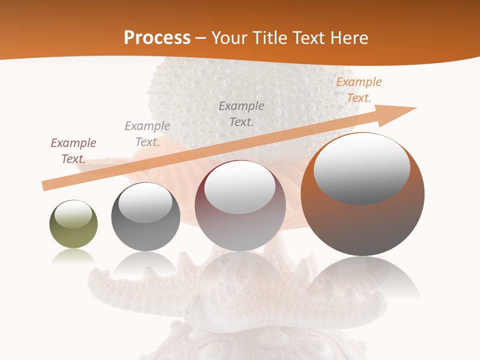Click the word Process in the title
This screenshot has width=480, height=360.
(157, 38)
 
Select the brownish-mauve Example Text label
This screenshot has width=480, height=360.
(73, 151)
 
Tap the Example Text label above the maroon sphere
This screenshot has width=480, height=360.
(241, 113)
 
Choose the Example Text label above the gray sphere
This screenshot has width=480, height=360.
(147, 134)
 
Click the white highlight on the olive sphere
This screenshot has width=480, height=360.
(73, 214)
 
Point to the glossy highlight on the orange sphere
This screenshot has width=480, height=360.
(362, 168)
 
